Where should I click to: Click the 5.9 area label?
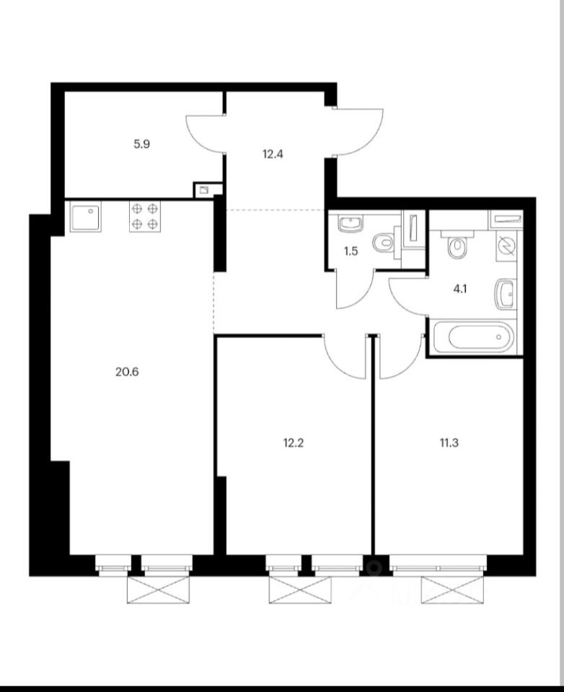click(x=141, y=143)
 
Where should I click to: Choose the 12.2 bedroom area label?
click(x=293, y=443)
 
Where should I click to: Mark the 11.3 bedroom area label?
click(x=448, y=443)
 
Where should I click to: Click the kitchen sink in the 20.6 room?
click(x=86, y=216)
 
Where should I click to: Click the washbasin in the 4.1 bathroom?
click(x=505, y=296)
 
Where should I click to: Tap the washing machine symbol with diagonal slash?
click(x=506, y=247)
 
